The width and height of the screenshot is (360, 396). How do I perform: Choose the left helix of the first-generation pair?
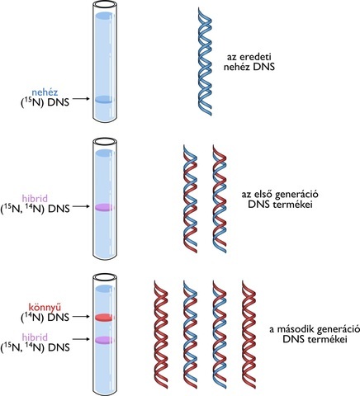pyautogui.click(x=189, y=198)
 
